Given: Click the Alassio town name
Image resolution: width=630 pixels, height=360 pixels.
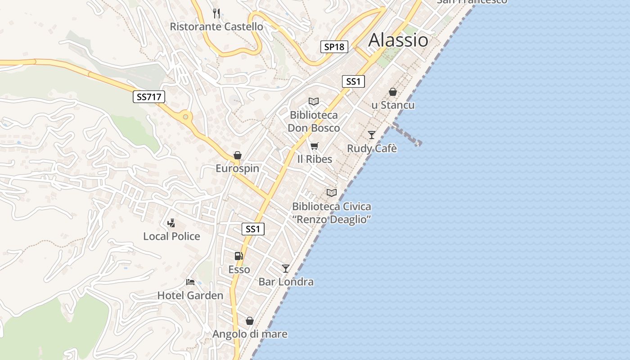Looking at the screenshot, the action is click(398, 40).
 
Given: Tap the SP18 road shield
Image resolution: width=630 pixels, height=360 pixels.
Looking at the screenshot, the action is click(334, 46).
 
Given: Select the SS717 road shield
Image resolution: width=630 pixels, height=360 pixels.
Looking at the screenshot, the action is click(149, 96).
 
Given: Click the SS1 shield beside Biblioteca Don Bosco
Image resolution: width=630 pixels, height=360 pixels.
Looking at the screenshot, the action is click(353, 81).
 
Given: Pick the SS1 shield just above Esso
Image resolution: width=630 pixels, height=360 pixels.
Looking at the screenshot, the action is click(253, 229).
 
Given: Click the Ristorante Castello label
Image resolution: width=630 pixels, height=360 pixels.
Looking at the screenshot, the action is click(216, 27).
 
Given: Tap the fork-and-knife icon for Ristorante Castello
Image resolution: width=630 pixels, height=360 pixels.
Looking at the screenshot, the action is click(216, 13).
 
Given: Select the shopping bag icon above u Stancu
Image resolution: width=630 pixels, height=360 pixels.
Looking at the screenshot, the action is click(393, 92).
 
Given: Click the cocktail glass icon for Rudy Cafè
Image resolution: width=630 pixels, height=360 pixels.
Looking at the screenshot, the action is click(372, 135).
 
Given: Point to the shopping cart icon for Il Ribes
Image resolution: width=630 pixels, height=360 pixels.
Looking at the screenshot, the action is click(315, 146).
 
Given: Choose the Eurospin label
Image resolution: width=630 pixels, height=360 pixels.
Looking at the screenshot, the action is click(237, 168).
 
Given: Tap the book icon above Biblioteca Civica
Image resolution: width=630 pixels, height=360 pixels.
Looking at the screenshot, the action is click(332, 193).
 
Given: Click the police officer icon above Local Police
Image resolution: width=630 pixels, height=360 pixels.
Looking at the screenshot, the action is click(171, 222).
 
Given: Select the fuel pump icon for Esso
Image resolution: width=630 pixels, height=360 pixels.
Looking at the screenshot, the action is click(239, 256).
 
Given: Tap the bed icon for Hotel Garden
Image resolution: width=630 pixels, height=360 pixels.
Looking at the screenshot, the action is click(190, 282).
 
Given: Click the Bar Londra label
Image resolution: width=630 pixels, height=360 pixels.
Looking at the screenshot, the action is click(286, 282).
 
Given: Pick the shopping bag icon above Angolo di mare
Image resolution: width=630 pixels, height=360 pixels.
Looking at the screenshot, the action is click(250, 321).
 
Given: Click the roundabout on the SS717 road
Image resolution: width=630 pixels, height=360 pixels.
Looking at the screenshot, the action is click(185, 117).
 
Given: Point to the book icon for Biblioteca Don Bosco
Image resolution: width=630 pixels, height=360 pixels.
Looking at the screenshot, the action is click(314, 102).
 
